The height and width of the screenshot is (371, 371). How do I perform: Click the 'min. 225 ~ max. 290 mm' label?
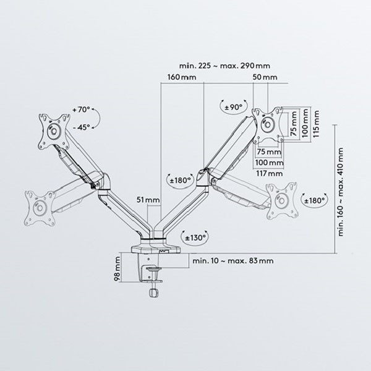pos(224,66)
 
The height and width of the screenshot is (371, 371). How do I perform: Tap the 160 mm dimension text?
pos(182,77)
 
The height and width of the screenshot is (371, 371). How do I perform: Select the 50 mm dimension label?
pos(265,77)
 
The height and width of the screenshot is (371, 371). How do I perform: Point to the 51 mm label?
pos(148,200)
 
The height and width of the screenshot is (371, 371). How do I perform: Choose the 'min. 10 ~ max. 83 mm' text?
pos(233,261)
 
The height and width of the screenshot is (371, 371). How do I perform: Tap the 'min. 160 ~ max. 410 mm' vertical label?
pos(341,192)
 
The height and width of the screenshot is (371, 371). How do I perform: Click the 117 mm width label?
pos(270,173)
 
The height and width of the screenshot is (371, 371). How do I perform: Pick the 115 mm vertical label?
pos(316,124)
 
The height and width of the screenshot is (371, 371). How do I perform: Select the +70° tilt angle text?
pos(81,110)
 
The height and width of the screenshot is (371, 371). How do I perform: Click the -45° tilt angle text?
pos(82,127)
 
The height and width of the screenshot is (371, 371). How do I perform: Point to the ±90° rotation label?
pos(234,108)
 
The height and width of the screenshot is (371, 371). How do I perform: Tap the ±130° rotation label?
pos(195,237)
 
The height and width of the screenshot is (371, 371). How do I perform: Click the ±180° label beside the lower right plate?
pos(315,200)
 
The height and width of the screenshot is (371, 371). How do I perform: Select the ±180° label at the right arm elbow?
pos(181,181)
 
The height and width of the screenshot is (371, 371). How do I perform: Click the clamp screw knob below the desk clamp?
pos(153,292)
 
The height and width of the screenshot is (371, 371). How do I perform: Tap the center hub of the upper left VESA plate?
pos(54,131)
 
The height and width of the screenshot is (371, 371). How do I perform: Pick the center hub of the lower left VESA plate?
pos(40,208)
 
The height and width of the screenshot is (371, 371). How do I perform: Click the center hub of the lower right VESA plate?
pos(282,201)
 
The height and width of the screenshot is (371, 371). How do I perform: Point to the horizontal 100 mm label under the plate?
pos(270,163)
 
